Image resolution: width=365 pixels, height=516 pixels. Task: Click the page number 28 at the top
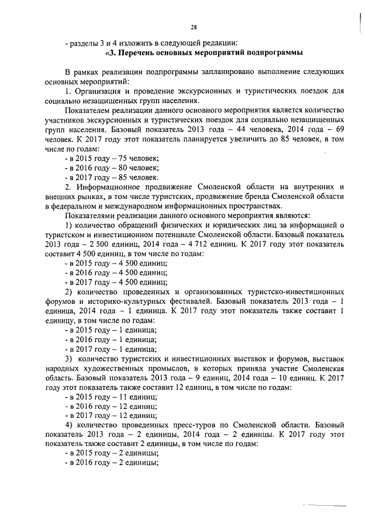tap(194, 27)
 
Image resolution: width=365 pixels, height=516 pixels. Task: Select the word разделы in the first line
tap(85, 42)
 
